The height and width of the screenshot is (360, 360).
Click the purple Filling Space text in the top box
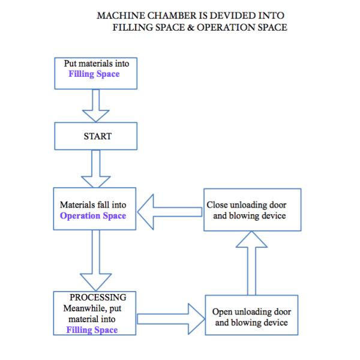click(x=94, y=74)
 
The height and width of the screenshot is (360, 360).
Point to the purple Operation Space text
click(x=93, y=215)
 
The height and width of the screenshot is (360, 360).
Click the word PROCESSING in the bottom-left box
click(x=98, y=298)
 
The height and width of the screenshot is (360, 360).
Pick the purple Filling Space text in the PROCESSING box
click(x=92, y=330)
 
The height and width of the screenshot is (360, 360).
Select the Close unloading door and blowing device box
click(x=252, y=210)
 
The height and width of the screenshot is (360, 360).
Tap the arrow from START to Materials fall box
click(x=95, y=169)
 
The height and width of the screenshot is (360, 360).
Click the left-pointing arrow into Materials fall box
click(x=170, y=211)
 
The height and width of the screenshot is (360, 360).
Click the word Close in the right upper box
click(x=217, y=205)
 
